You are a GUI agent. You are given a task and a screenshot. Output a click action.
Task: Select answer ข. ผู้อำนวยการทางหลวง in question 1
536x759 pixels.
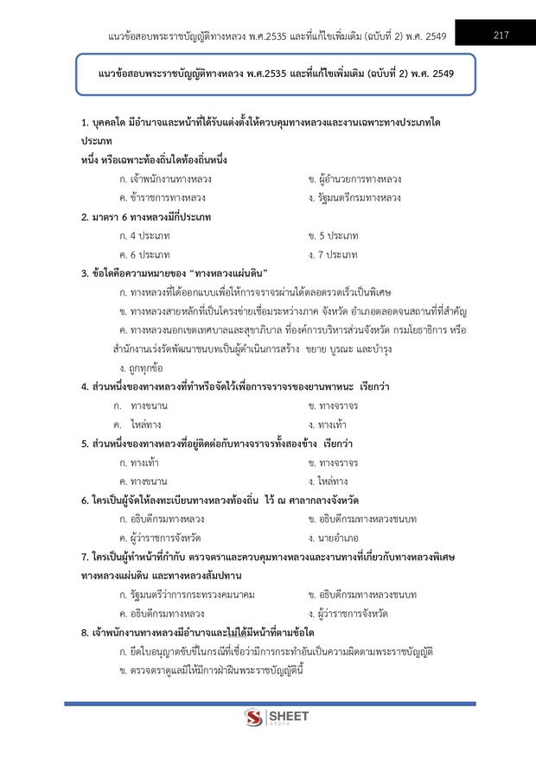coord(354,180)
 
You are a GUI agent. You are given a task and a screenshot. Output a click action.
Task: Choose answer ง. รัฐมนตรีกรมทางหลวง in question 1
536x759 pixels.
coord(354,198)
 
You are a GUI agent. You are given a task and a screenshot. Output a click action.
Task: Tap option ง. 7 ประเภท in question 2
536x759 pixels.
coord(333,255)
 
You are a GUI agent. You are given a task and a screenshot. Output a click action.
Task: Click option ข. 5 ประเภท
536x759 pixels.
coord(333,236)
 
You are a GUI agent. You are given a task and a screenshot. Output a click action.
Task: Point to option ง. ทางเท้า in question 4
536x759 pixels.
coord(333,424)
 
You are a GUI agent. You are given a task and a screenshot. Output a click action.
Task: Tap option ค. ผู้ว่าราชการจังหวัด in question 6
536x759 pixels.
coord(160,538)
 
